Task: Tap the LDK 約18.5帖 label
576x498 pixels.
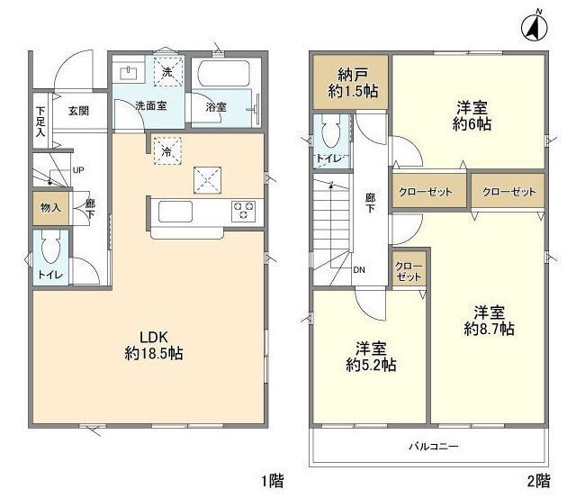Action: tap(154, 346)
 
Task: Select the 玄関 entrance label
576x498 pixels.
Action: tap(79, 111)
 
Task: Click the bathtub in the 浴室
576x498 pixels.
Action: tap(224, 74)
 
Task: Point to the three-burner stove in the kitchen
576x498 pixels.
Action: tap(243, 212)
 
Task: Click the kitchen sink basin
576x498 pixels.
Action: tap(175, 212)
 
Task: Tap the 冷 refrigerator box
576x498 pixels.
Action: tap(167, 150)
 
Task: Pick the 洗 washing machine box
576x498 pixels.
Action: tap(168, 72)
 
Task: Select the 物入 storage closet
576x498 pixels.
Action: tap(51, 208)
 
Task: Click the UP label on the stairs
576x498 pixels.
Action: tap(78, 170)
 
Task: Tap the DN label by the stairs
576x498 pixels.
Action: tap(359, 270)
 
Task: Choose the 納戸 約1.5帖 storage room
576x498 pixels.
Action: tap(351, 82)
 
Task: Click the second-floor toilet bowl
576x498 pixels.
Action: tap(331, 131)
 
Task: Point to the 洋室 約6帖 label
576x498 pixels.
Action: tap(472, 116)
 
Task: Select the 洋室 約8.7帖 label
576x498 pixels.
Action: tap(489, 321)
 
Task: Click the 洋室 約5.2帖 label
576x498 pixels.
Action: tap(371, 357)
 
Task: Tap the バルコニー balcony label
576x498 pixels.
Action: tap(434, 447)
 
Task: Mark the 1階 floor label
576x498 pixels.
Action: tap(273, 481)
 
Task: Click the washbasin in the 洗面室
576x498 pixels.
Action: tap(129, 73)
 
